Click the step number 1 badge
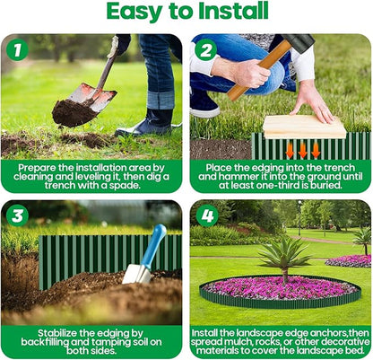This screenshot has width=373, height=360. [16, 50]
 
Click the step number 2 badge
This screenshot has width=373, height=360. [205, 50]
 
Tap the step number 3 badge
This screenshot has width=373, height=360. [16, 215]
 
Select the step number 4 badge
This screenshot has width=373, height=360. [205, 216]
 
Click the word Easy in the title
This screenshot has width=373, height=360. [137, 12]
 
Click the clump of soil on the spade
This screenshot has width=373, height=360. [74, 112]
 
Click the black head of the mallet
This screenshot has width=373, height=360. [298, 43]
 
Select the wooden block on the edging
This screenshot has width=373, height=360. [304, 126]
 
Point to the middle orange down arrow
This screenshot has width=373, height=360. [303, 149]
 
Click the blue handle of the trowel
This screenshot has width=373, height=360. [153, 244]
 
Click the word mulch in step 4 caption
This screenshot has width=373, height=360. [233, 343]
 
